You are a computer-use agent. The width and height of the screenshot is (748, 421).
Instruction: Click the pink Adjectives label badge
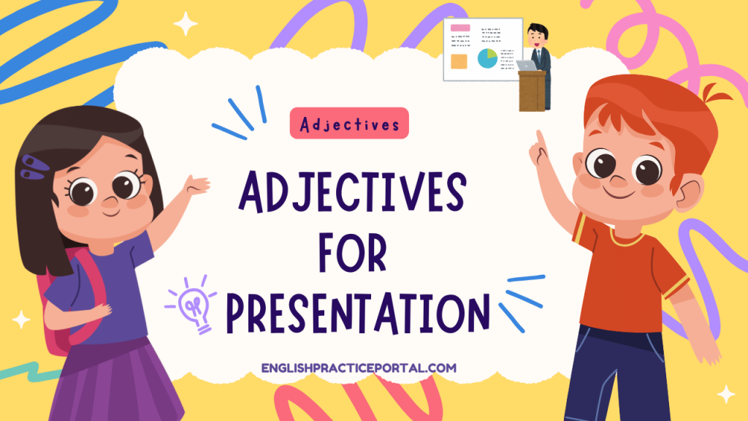point(349,124)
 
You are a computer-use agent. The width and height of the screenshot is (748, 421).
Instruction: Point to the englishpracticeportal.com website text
point(359,368)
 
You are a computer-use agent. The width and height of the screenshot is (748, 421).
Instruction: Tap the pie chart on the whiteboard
point(486,58)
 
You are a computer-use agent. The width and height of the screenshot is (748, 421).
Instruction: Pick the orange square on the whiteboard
point(459,61)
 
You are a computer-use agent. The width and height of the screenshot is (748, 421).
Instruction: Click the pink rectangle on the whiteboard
point(460,27)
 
